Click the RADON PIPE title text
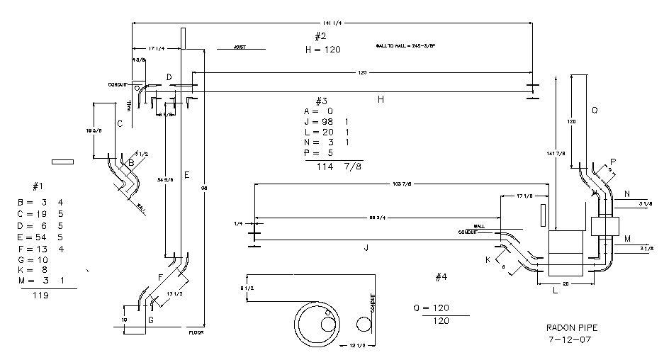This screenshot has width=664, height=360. tap(572, 327)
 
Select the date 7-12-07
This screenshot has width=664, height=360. tap(571, 339)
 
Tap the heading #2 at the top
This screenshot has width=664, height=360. tap(320, 35)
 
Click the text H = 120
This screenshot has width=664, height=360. tap(322, 50)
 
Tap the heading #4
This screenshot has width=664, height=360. tap(442, 276)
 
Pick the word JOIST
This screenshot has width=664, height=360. tap(240, 48)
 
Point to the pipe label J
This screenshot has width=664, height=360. tap(366, 248)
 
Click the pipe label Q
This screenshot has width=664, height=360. tap(595, 110)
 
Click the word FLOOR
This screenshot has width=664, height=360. tap(196, 332)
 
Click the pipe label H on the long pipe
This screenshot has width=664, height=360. tap(381, 99)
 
